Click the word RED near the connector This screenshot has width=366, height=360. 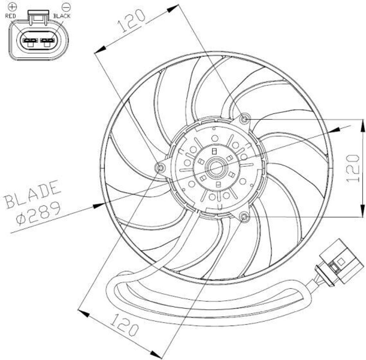click(10, 16)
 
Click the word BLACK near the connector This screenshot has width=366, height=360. click(62, 16)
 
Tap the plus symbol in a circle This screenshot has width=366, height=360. click(13, 6)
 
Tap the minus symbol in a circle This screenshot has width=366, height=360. click(66, 6)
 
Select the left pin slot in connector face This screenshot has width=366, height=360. click(30, 41)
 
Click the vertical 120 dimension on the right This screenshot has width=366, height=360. click(353, 168)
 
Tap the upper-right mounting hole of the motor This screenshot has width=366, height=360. click(245, 119)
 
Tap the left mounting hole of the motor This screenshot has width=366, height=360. click(160, 167)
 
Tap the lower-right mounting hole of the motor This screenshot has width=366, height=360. click(244, 216)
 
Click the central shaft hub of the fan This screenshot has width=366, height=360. click(216, 168)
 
